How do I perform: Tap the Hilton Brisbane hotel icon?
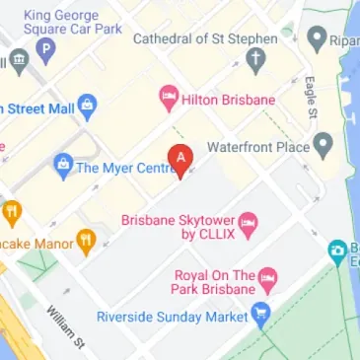pos(168,98)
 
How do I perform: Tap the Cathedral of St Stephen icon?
pos(256,63)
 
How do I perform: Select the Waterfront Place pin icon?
pos(323,147)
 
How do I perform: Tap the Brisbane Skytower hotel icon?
pos(249,222)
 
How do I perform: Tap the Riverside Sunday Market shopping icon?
pos(261,317)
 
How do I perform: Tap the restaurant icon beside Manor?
pos(87,240)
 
